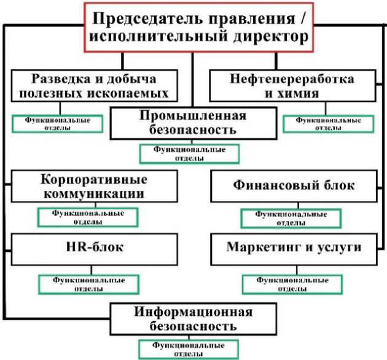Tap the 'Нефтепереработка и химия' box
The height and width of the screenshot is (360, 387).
click(292, 86)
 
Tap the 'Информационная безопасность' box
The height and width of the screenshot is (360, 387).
click(193, 319)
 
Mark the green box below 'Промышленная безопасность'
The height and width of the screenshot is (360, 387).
click(189, 153)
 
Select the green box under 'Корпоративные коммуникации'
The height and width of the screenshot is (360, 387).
click(87, 217)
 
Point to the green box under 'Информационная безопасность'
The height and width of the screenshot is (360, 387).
click(189, 348)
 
